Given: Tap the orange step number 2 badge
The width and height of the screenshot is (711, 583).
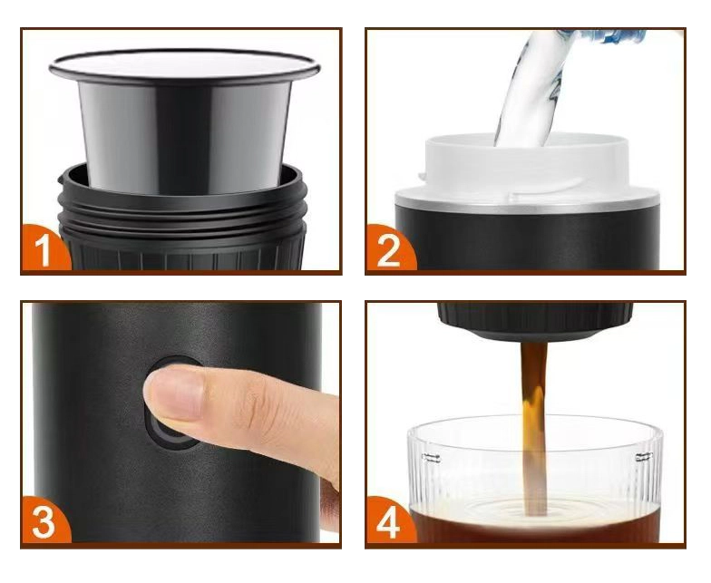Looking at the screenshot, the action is pos(389,250).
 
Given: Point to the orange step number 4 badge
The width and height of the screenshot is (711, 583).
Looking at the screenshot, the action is pos(389,521).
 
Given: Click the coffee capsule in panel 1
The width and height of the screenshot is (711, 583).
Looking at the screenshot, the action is pos(185,122).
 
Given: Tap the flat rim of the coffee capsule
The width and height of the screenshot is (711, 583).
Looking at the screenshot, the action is pos(185,67).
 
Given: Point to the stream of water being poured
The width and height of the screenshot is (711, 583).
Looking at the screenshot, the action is pos(531,91).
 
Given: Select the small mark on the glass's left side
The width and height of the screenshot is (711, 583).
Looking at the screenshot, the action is pos(432,458).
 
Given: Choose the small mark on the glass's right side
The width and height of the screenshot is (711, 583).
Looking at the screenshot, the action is pos(644,457).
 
